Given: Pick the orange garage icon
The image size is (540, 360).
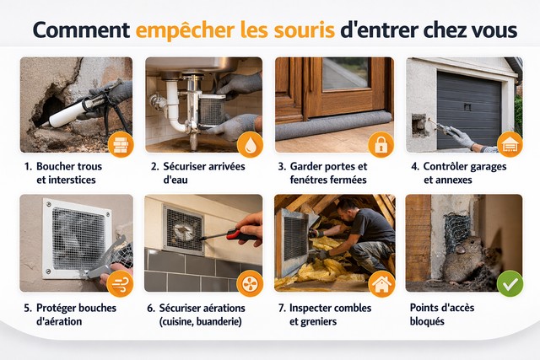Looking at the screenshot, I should coord(509,144).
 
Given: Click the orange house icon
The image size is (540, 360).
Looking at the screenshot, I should coord(381,283).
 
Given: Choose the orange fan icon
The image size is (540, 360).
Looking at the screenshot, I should coord(251,283).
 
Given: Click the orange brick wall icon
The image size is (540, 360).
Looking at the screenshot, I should coord(120,144).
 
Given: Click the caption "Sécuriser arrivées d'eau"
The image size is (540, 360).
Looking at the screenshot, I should coord(193,173).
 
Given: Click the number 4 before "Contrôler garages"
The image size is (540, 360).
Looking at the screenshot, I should coord(415,166).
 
